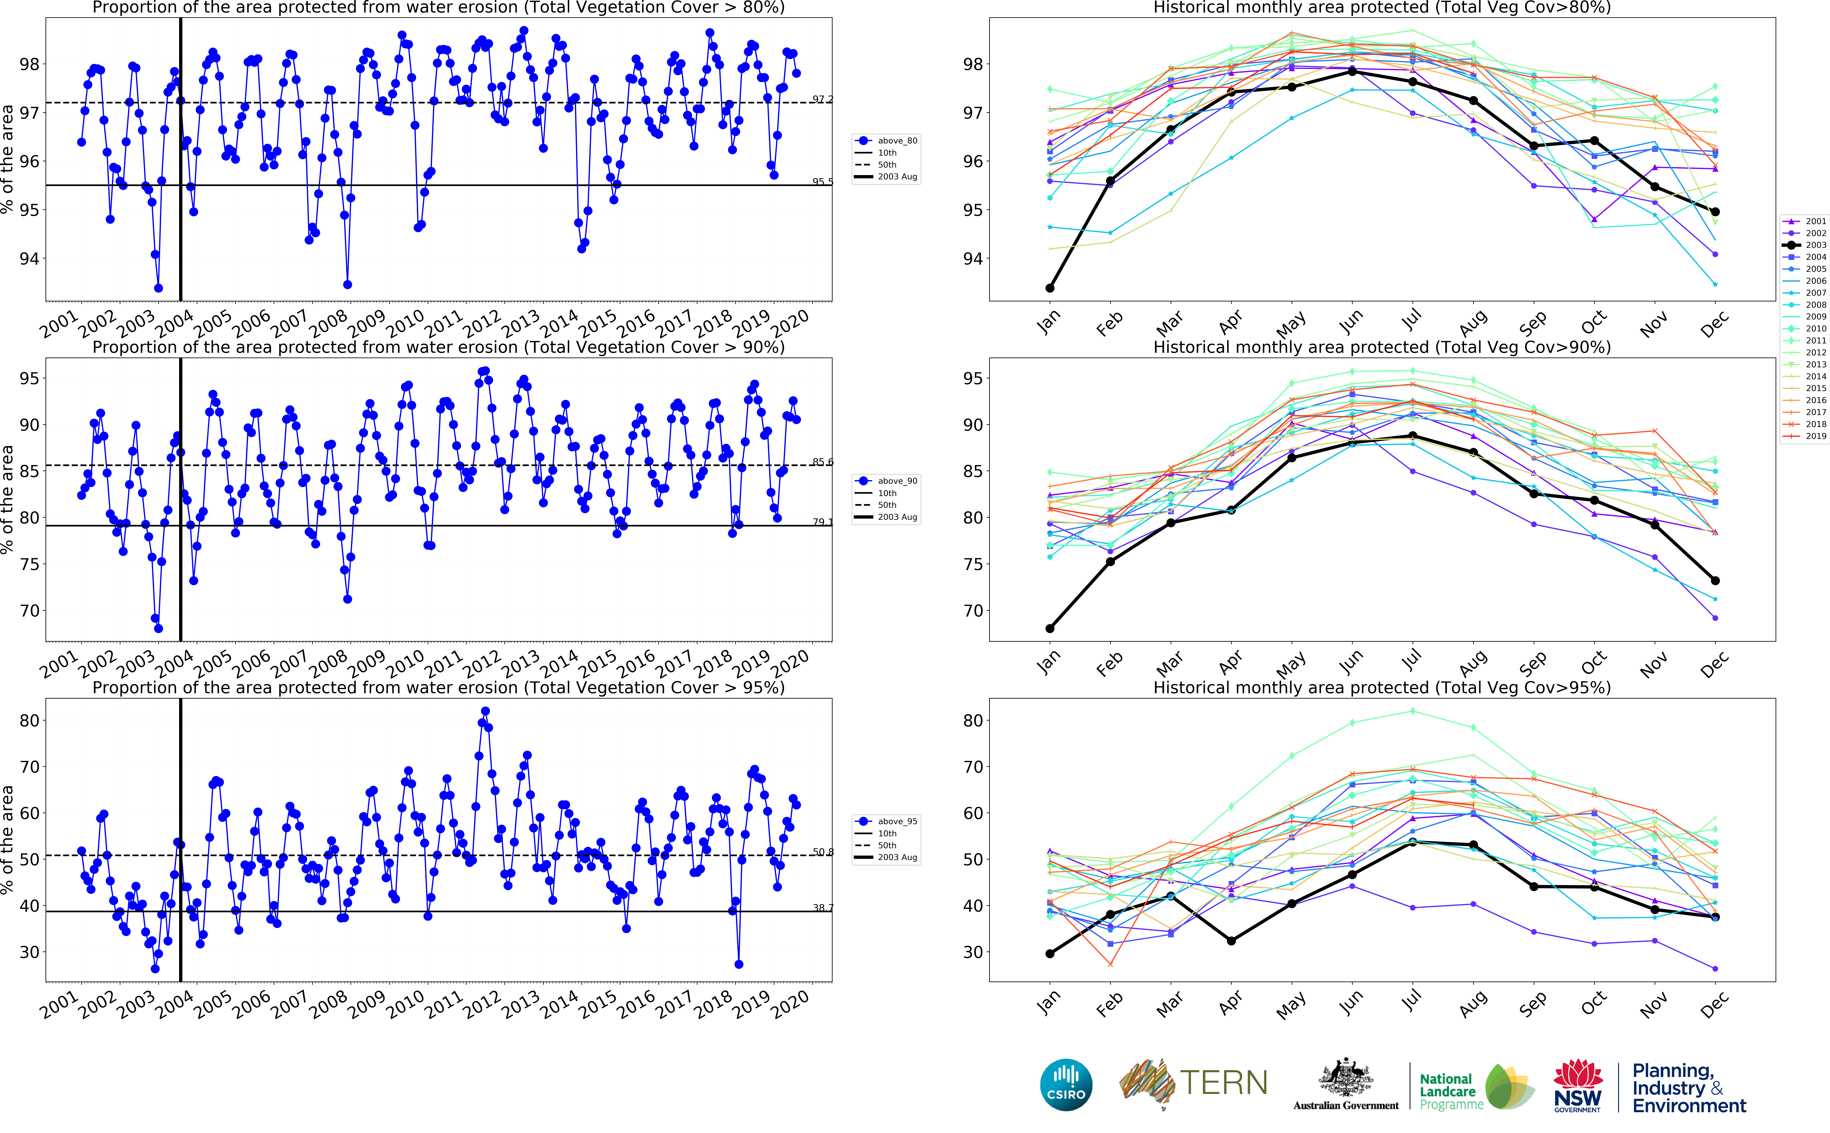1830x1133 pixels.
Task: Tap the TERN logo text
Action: click(1223, 1083)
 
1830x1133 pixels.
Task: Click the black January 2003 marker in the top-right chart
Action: click(1050, 288)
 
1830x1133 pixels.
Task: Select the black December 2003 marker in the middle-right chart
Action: click(1715, 581)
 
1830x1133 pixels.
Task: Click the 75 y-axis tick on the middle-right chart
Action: click(972, 564)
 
